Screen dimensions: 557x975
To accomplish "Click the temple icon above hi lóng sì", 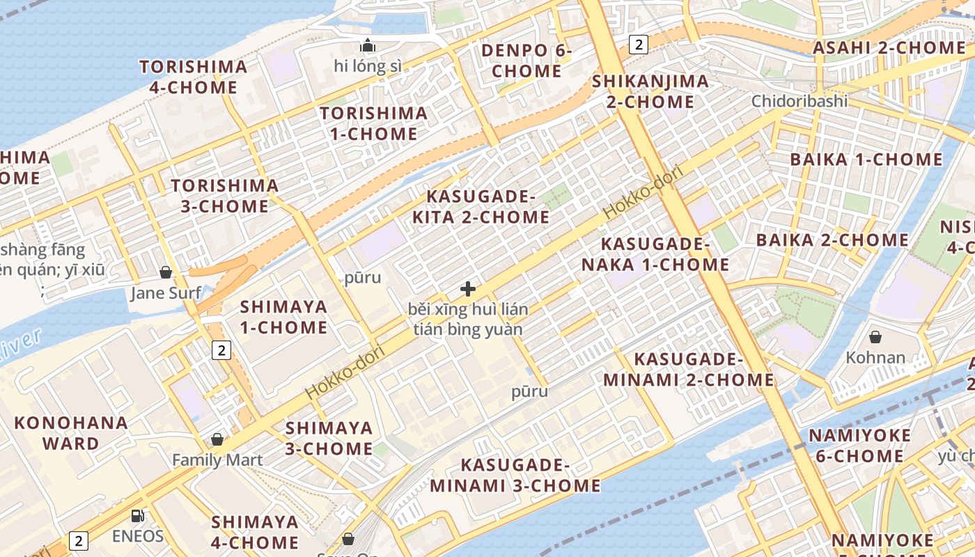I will pyautogui.click(x=367, y=46).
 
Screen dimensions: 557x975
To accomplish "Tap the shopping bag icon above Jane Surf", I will pyautogui.click(x=166, y=272).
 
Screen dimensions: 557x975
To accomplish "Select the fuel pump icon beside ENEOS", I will pyautogui.click(x=138, y=516).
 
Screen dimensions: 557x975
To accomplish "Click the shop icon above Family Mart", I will pyautogui.click(x=217, y=439).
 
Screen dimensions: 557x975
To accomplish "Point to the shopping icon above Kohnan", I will pyautogui.click(x=875, y=337).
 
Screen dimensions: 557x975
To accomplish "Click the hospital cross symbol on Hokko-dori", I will pyautogui.click(x=468, y=288).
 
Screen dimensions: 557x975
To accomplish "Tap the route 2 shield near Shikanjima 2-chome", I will pyautogui.click(x=638, y=45).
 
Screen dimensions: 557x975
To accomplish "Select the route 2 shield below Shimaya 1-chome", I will pyautogui.click(x=221, y=350).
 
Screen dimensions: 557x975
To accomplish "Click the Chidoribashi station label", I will pyautogui.click(x=799, y=101).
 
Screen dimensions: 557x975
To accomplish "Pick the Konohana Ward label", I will pyautogui.click(x=71, y=433).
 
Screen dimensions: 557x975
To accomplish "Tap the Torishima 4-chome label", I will pyautogui.click(x=193, y=77).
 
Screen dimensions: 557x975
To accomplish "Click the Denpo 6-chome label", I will pyautogui.click(x=526, y=61).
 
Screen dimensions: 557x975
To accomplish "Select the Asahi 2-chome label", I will pyautogui.click(x=889, y=48).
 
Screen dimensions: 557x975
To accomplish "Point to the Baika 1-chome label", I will pyautogui.click(x=866, y=159).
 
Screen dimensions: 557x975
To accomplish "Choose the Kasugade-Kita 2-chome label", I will pyautogui.click(x=481, y=207).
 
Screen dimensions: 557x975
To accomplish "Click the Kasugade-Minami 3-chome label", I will pyautogui.click(x=515, y=475).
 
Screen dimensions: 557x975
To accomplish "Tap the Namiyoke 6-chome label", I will pyautogui.click(x=859, y=446).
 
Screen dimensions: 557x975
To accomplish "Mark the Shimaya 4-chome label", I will pyautogui.click(x=255, y=532).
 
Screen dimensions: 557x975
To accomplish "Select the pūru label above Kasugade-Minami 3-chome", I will pyautogui.click(x=529, y=391).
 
